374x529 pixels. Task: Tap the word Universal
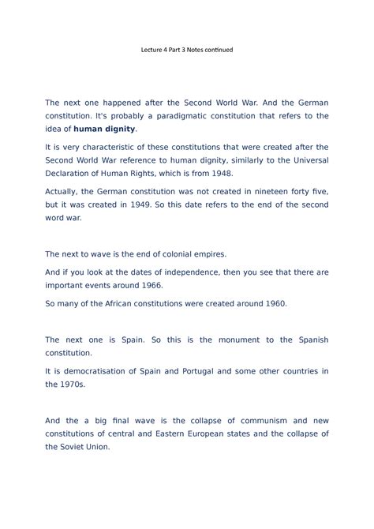click(x=305, y=159)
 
